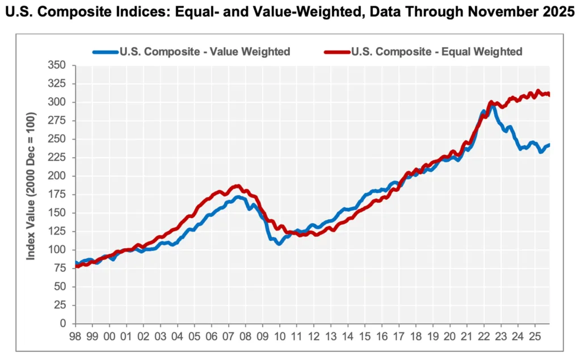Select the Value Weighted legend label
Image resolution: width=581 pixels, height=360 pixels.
205,52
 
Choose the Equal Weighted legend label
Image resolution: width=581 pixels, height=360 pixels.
436,52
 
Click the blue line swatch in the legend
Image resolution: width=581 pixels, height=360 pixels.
106,52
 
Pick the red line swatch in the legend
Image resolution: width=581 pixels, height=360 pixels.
337,52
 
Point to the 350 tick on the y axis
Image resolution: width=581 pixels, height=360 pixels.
58,65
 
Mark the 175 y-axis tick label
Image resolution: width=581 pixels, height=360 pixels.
58,195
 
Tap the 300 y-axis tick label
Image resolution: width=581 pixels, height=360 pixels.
58,102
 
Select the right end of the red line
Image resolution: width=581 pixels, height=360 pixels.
549,95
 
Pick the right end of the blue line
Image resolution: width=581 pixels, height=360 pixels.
549,145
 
